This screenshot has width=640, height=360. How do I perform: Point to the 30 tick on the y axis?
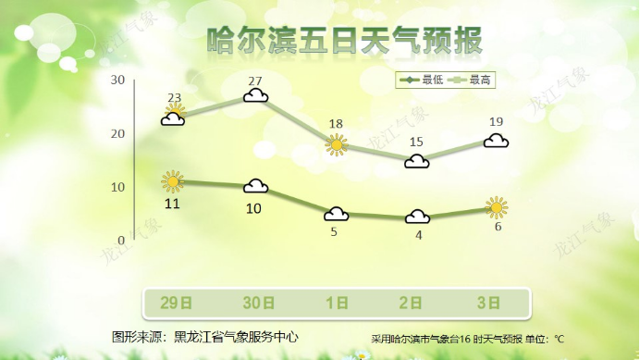click(117, 81)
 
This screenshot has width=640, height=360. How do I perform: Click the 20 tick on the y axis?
click(117, 134)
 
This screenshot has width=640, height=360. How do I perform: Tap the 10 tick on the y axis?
click(117, 187)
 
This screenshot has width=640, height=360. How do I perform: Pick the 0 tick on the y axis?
click(121, 240)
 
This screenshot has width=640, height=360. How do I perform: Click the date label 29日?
click(175, 303)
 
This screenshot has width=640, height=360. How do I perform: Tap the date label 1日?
click(337, 303)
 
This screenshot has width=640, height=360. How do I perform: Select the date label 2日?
click(417, 303)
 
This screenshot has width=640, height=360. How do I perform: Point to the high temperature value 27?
click(256, 81)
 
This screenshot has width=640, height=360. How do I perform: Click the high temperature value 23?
click(175, 98)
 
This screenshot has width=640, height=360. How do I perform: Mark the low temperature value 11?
click(172, 203)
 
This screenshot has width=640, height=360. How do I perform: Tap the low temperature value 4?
click(418, 235)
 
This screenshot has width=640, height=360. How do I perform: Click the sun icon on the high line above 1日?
click(337, 143)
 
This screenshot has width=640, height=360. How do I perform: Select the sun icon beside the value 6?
click(497, 207)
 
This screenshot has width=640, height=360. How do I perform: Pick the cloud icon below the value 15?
click(417, 161)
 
